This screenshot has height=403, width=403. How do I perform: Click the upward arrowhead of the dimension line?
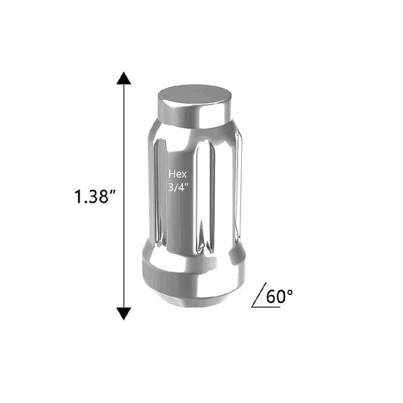(124, 78)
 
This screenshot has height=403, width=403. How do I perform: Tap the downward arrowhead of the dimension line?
(124, 314)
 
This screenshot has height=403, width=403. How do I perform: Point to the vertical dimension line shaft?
(124, 196)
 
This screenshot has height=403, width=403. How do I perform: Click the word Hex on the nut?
(178, 174)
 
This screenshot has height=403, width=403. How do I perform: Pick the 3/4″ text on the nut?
(178, 187)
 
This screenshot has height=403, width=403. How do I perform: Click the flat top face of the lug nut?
(194, 95)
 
